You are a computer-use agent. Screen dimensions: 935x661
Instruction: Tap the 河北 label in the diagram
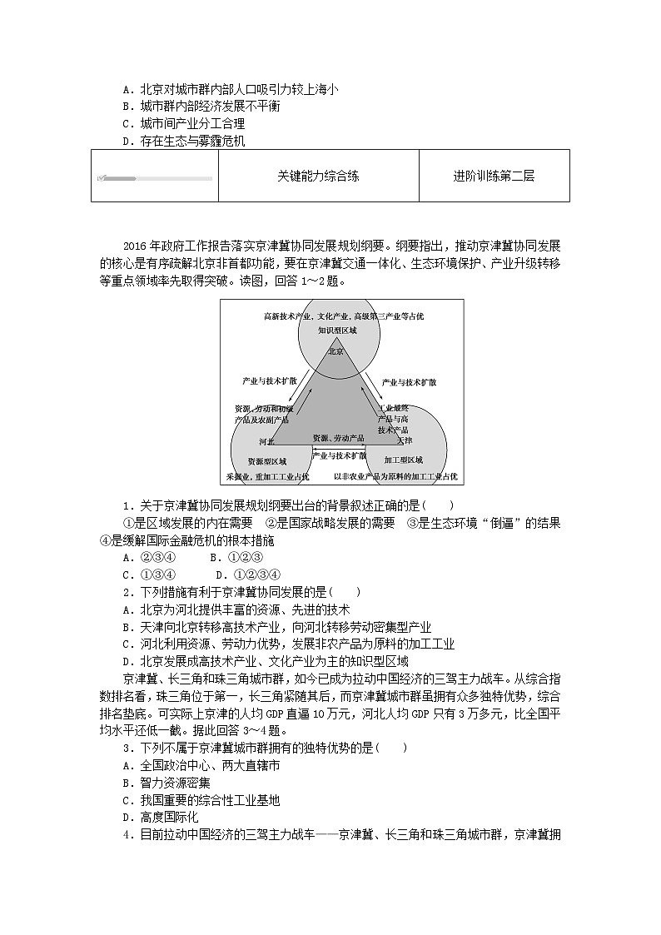(x=266, y=441)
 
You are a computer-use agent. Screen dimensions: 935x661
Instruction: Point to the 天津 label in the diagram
(x=405, y=440)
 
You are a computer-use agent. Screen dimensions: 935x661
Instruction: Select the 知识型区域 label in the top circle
(x=337, y=331)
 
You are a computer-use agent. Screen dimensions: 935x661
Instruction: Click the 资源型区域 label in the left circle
(x=267, y=460)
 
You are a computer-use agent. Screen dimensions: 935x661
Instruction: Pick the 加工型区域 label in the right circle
(x=404, y=460)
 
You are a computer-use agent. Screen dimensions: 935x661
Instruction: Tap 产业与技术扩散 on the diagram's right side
(x=409, y=382)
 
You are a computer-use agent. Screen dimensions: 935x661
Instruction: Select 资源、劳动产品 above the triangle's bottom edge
(x=338, y=438)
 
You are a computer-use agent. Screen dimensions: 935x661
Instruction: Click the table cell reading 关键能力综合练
(x=318, y=177)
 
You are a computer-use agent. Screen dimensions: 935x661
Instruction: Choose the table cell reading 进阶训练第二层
(x=494, y=177)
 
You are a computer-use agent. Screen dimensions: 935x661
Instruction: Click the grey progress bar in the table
(x=154, y=178)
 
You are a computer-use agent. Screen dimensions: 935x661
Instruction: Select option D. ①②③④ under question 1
(x=248, y=574)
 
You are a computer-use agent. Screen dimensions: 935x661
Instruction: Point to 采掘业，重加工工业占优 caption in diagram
(x=267, y=476)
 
